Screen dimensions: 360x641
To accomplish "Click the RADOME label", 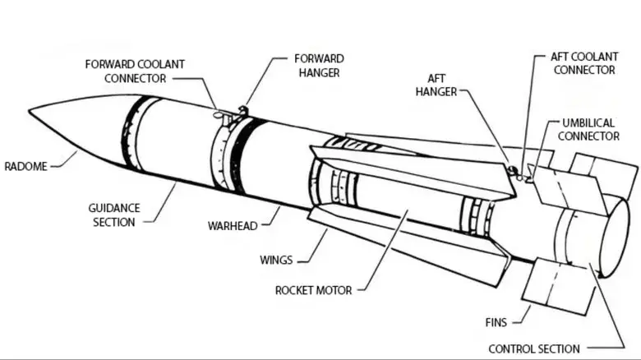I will [26, 166].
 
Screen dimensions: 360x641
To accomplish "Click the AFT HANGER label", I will [436, 85].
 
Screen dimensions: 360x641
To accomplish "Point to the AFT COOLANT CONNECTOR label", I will [583, 64].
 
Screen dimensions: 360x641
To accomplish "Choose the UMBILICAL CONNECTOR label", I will [588, 129].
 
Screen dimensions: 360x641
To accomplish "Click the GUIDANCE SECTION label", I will [115, 215].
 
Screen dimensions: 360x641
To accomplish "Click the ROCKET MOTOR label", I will [313, 290].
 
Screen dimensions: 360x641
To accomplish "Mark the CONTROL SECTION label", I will [533, 348].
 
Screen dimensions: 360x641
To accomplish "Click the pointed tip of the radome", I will [30, 108].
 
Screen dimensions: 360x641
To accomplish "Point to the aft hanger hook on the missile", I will [513, 171].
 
